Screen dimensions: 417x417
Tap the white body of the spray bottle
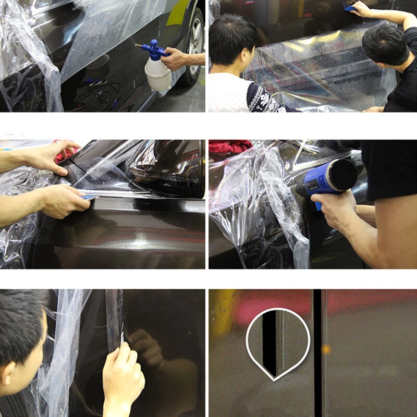point(157,75)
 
